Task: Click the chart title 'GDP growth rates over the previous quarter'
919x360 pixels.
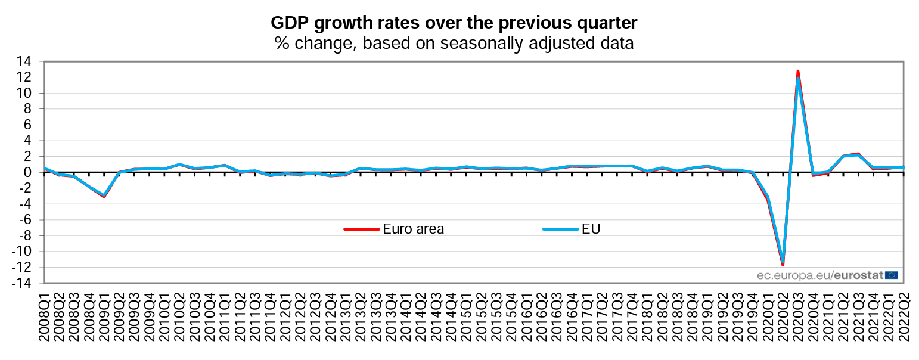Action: tap(454, 23)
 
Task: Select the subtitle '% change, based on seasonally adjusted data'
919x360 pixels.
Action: tap(454, 43)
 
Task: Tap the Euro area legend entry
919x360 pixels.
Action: tap(413, 229)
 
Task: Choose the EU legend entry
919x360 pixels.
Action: tap(591, 229)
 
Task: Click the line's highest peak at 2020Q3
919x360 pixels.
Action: tap(797, 72)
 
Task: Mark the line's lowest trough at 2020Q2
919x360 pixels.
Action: tap(783, 265)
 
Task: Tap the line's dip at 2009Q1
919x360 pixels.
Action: tap(104, 196)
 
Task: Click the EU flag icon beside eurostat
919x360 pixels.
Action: tap(891, 275)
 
